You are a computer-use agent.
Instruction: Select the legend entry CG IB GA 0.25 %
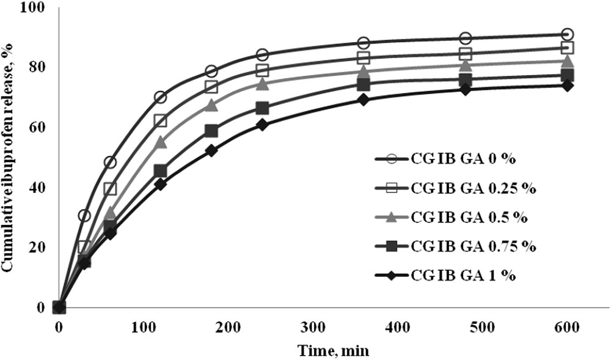coord(474,188)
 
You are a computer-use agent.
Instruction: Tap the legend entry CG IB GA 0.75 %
coord(474,246)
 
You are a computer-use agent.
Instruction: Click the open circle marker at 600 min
coord(567,34)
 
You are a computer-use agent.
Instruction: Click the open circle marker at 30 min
coord(84,215)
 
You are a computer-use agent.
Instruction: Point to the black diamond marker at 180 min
coord(211,150)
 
